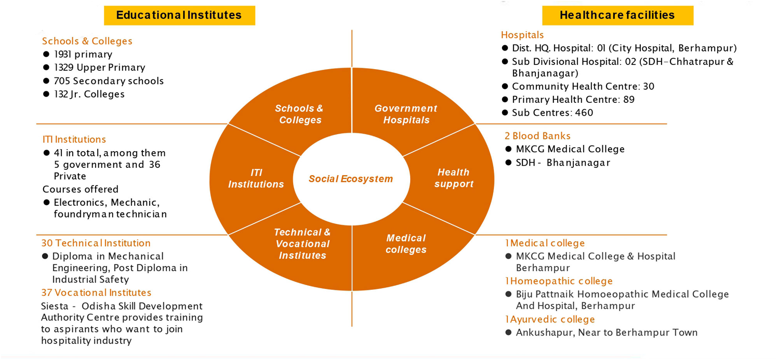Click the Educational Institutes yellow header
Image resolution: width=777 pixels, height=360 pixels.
click(x=179, y=15)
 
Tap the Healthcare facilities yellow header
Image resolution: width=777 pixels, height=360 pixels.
click(x=617, y=15)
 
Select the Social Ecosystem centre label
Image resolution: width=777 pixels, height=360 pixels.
click(x=351, y=179)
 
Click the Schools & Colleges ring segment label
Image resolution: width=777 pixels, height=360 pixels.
click(x=299, y=114)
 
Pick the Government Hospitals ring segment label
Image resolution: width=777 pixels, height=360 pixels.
click(x=406, y=114)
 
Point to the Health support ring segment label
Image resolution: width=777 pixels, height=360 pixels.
click(x=453, y=178)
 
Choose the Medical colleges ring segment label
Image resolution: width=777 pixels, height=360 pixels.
click(x=406, y=244)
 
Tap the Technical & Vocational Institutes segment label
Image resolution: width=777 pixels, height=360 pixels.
click(x=302, y=244)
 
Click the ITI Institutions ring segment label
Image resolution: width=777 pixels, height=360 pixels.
click(x=256, y=178)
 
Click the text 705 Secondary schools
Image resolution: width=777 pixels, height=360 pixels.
click(x=109, y=81)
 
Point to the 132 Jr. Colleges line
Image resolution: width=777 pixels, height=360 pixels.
click(x=89, y=94)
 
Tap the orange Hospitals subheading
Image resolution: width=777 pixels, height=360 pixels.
click(x=522, y=35)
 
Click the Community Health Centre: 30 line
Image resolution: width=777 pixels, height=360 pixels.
click(x=583, y=86)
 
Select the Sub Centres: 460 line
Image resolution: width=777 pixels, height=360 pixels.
click(x=552, y=113)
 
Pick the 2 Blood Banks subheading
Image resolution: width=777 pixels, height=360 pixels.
click(x=537, y=136)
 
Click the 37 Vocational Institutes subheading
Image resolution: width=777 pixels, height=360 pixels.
click(x=96, y=292)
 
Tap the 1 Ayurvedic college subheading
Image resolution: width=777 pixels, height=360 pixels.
click(x=550, y=319)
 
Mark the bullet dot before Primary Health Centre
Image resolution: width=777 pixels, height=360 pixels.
click(x=505, y=100)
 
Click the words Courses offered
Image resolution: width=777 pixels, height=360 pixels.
click(x=81, y=189)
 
